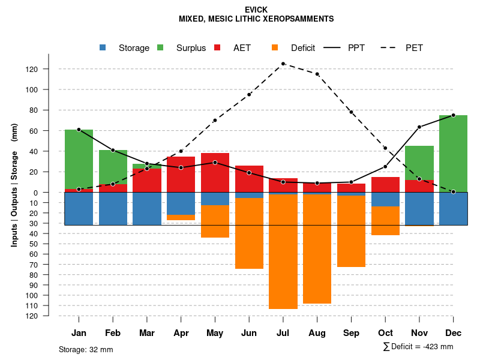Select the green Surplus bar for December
[x=453, y=153]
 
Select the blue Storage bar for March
[x=147, y=209]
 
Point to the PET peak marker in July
[x=283, y=64]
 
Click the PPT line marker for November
[x=419, y=127]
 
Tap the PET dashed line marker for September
[x=351, y=112]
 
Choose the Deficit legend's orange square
[x=275, y=47]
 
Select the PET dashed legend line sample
[x=392, y=47]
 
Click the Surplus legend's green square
[x=161, y=47]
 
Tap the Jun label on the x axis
[x=249, y=333]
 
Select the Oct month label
[x=385, y=333]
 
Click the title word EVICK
[x=256, y=10]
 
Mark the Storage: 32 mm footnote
[x=86, y=349]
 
